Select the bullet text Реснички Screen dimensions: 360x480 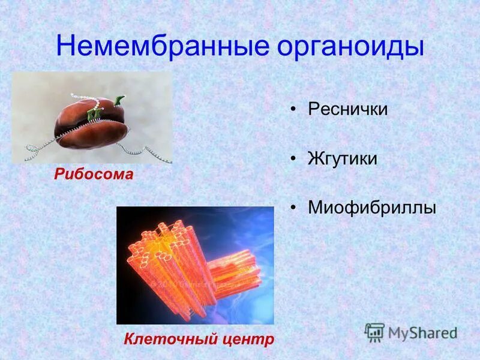(x=348, y=109)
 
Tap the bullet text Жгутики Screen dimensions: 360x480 (x=343, y=159)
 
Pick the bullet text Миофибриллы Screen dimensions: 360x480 (x=372, y=208)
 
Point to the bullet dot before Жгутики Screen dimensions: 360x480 (x=293, y=160)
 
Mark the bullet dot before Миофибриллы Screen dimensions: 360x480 (x=293, y=209)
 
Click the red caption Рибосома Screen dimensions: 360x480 (x=93, y=175)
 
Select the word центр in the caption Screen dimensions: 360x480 (x=247, y=339)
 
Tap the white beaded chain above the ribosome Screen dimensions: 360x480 (x=84, y=97)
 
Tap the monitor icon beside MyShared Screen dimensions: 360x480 (x=374, y=332)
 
